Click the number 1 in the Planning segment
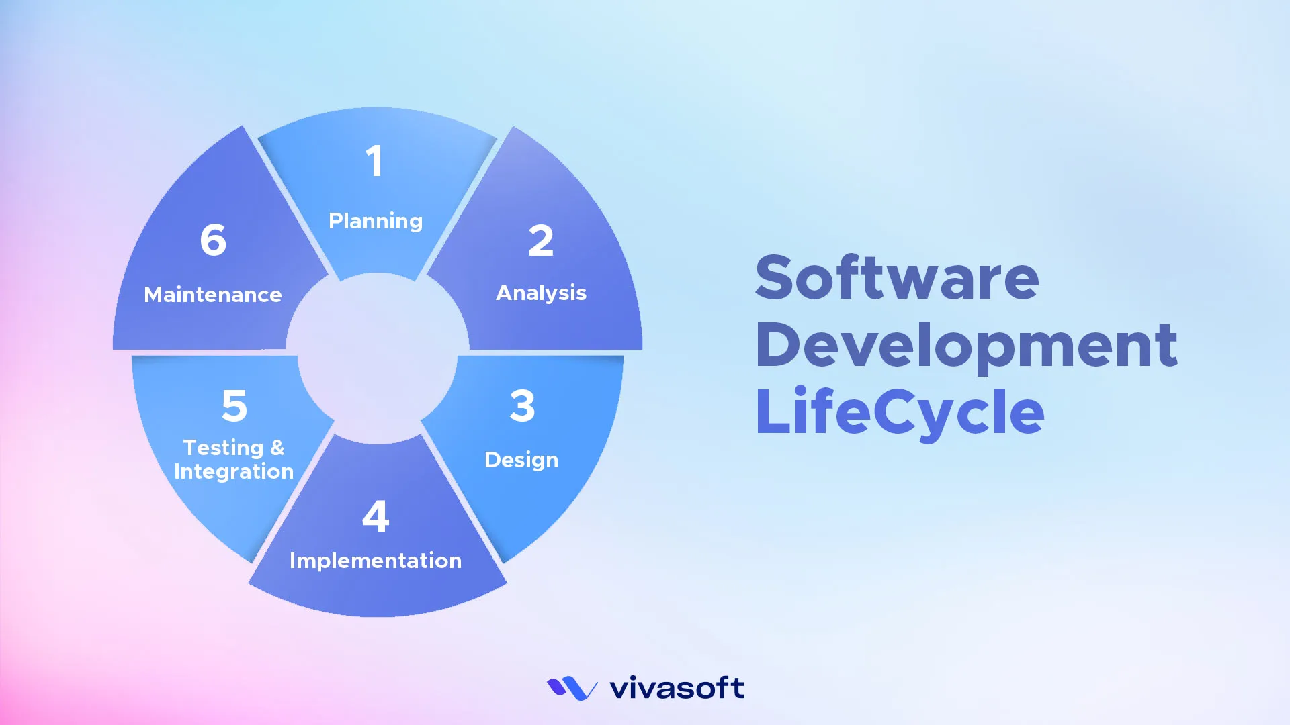pos(374,161)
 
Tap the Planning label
pos(376,221)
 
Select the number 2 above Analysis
pos(541,240)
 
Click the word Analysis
pos(541,293)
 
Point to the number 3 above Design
pos(522,405)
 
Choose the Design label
pos(521,460)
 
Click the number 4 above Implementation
pos(376,516)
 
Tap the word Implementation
pos(376,561)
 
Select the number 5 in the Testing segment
pos(234,405)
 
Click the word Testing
pos(224,448)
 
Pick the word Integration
pos(234,471)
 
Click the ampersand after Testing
pos(277,447)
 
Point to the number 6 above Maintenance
pos(213,240)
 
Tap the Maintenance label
pos(213,295)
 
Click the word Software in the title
pos(897,277)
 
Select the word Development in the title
pos(966,344)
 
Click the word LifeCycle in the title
pos(900,412)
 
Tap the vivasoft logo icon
pos(572,688)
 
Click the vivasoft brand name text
pos(677,688)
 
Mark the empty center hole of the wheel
pos(377,358)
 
